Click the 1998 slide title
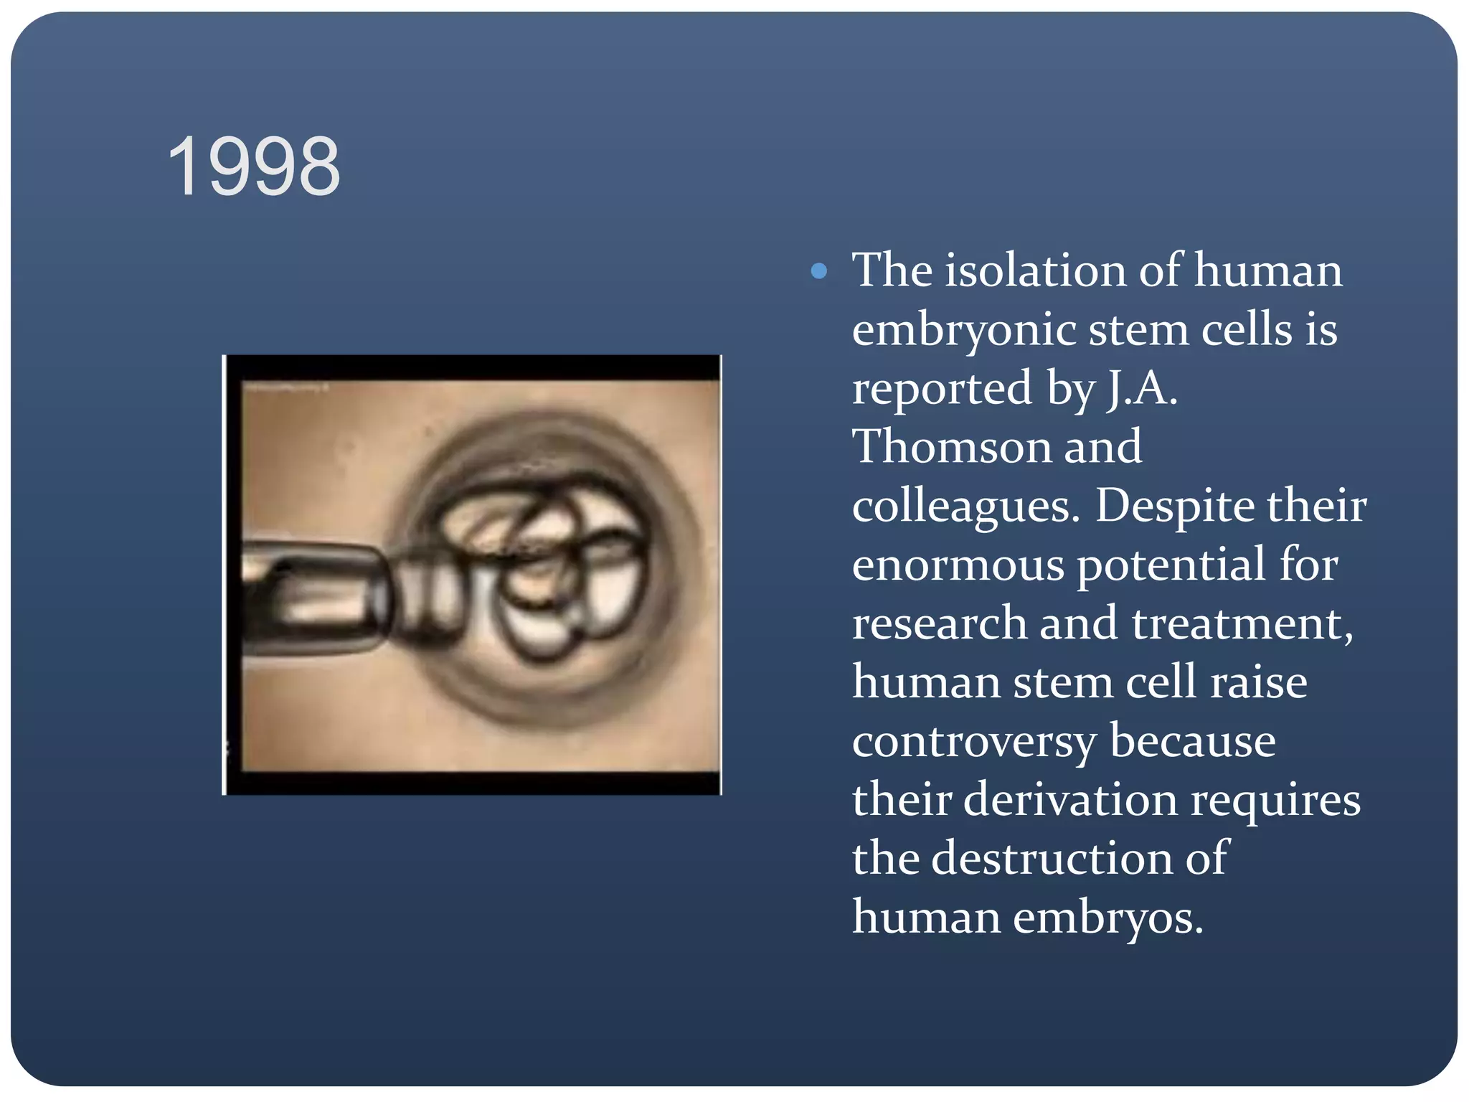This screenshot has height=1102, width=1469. (x=254, y=166)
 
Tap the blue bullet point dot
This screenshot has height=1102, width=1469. (x=818, y=271)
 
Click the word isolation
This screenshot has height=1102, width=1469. (x=1035, y=270)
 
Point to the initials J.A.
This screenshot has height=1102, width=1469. (x=1143, y=389)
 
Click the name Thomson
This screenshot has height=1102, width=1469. (x=951, y=447)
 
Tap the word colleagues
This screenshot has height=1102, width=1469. (x=965, y=507)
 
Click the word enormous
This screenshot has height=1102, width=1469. (x=958, y=565)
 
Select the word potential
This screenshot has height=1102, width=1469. (x=1171, y=565)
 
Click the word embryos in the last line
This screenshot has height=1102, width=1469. (x=1107, y=918)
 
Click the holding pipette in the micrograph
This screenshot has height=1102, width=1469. (x=316, y=597)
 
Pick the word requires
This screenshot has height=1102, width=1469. (x=1275, y=800)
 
